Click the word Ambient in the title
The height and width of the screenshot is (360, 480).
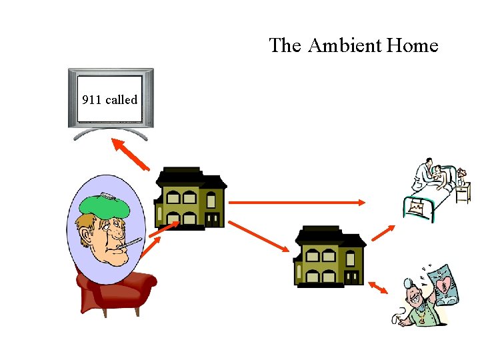pos(345,46)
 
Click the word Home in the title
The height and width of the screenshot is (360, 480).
pos(413,46)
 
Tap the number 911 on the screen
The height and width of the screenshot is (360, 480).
pos(91,100)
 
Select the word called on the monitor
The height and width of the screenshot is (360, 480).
pos(121,100)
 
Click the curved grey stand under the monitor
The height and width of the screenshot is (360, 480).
pos(111,133)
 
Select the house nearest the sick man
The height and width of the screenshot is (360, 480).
pos(191,198)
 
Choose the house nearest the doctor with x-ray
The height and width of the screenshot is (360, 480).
pos(330,256)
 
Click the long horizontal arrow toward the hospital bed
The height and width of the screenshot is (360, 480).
pos(297,202)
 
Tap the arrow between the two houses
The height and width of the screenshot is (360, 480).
pos(259,237)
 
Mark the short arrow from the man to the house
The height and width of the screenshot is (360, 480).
pos(163,230)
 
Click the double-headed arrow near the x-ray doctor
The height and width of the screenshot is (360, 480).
pos(378,287)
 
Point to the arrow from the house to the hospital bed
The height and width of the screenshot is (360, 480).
pos(383,233)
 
